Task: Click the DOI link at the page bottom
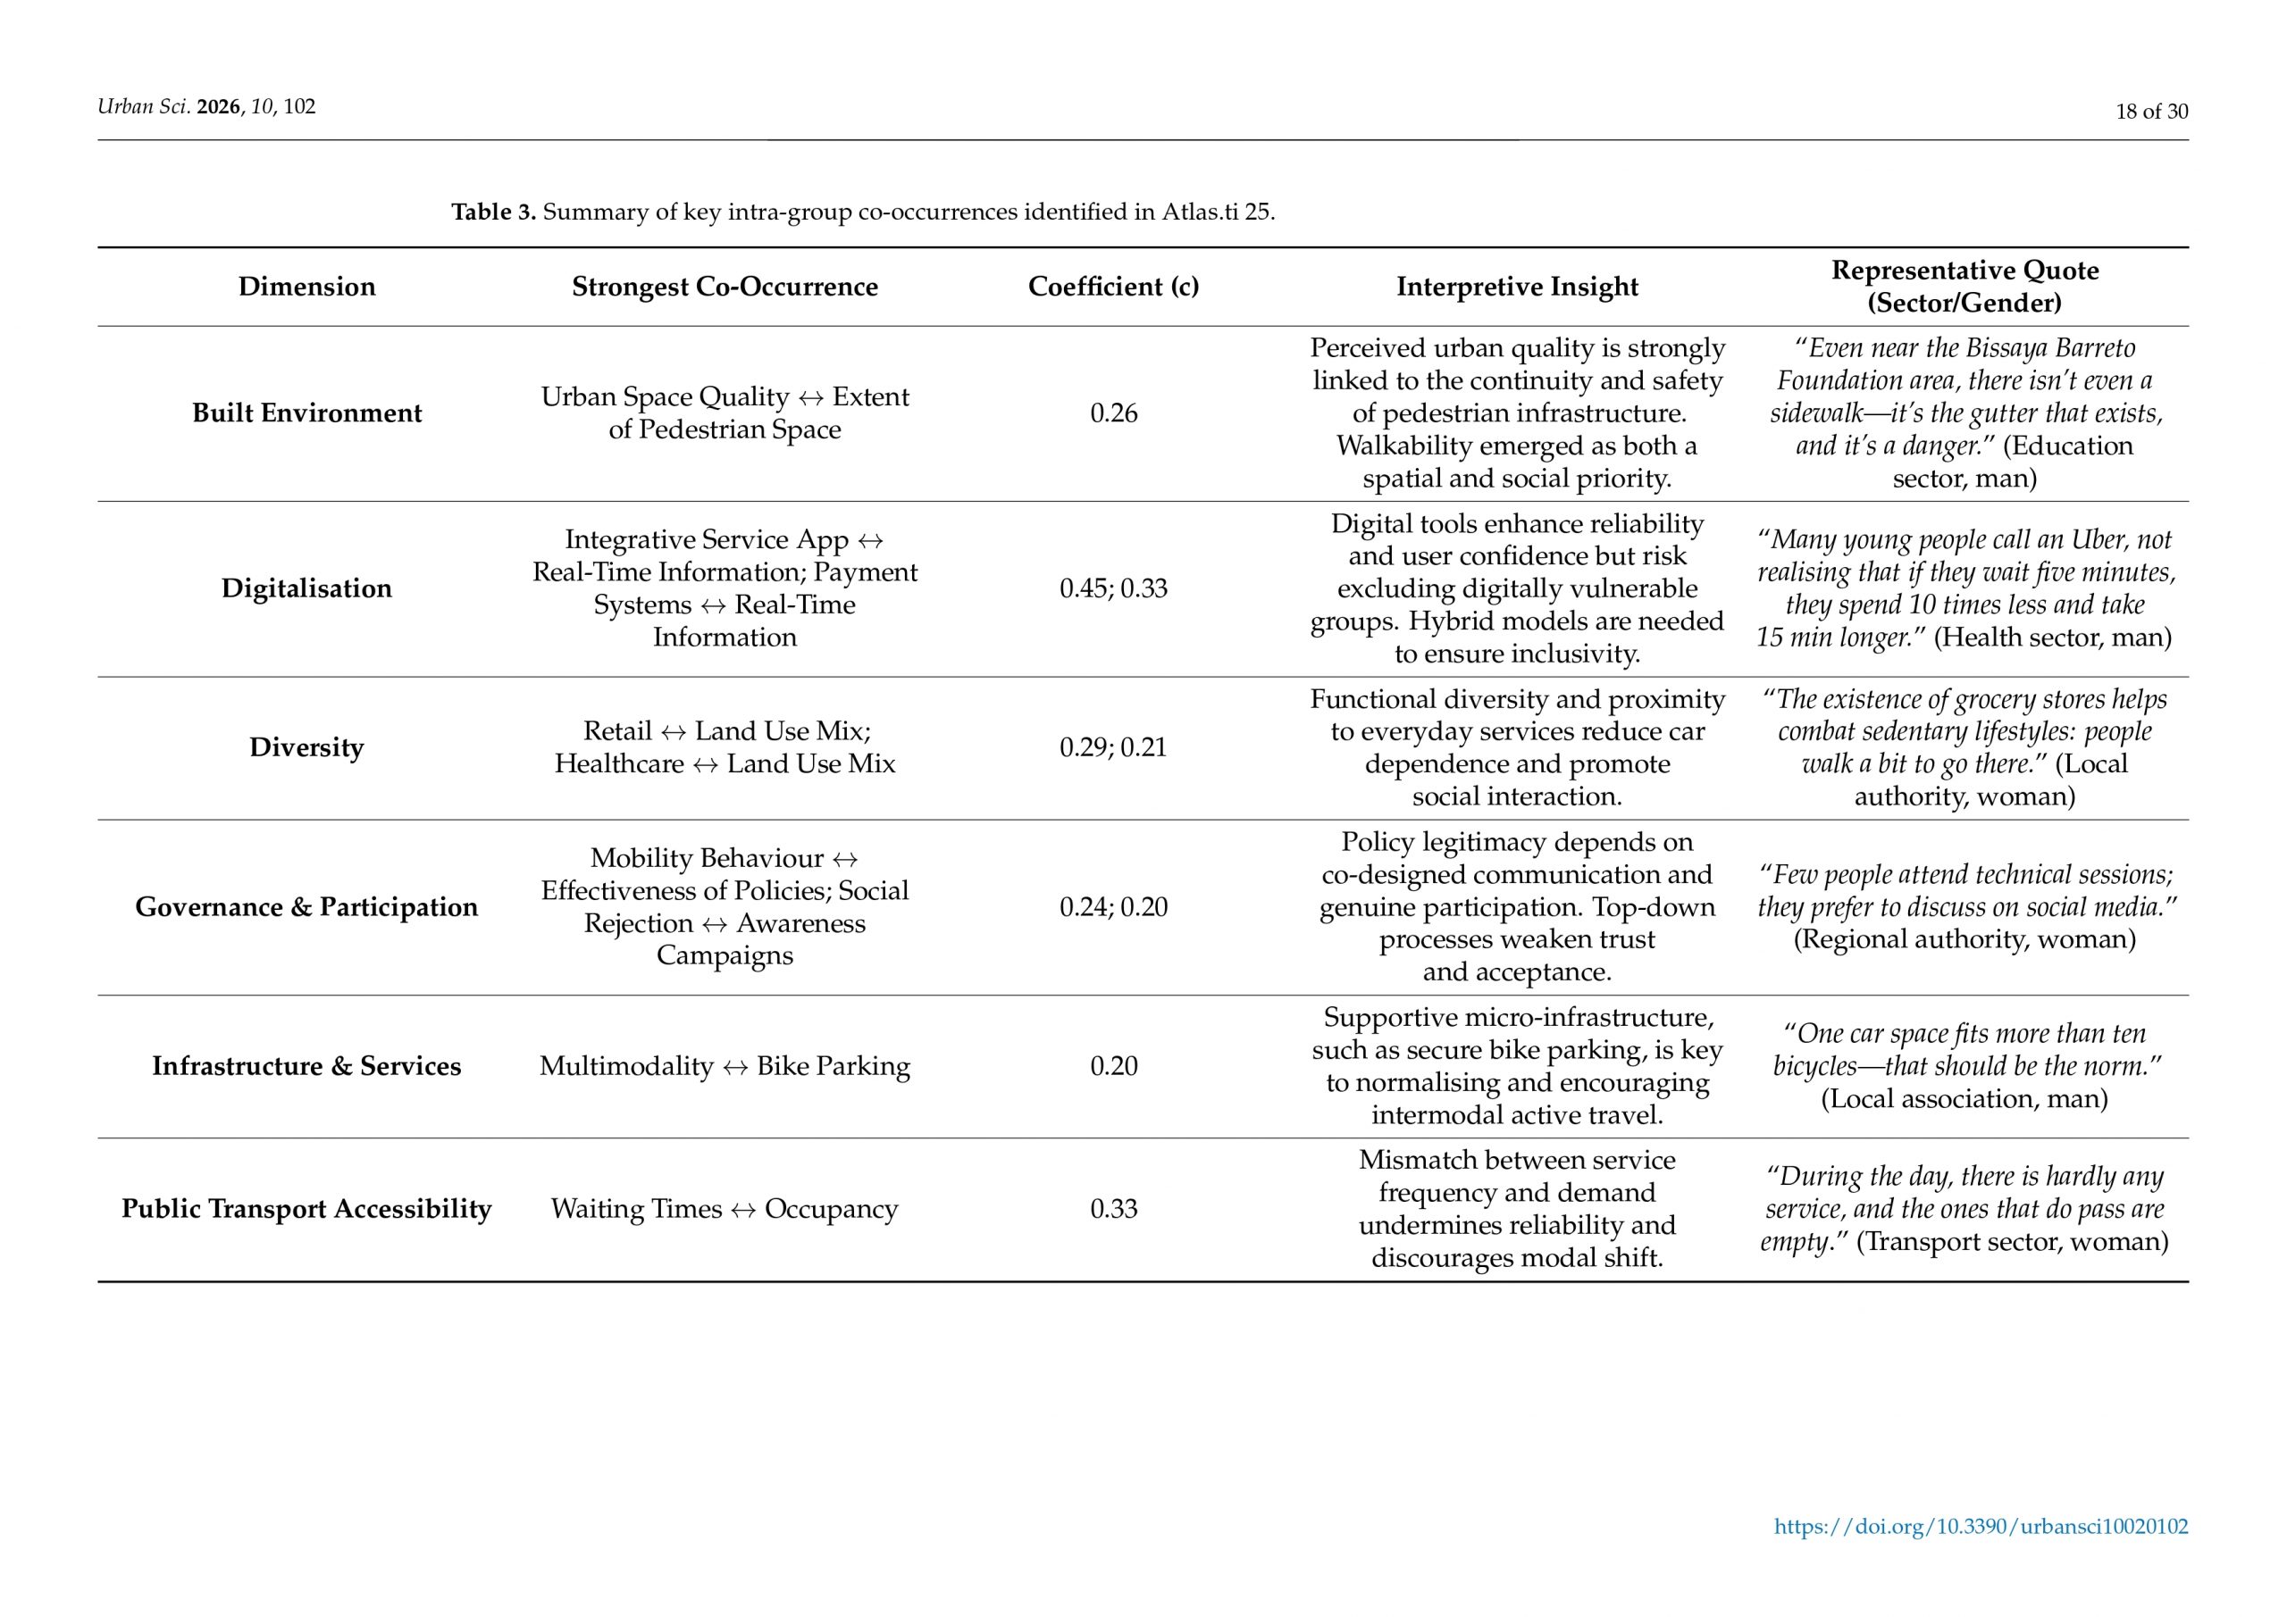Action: (1981, 1527)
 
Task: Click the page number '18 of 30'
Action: (2151, 112)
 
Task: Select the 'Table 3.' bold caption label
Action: (493, 213)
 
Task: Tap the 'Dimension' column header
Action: (306, 287)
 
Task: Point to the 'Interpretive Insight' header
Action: (1516, 287)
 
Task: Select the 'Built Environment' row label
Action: (306, 413)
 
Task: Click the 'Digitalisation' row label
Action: (306, 588)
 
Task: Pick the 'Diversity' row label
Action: (306, 747)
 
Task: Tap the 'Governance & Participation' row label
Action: (306, 907)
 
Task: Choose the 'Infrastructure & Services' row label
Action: (306, 1066)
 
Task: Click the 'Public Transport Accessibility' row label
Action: (306, 1209)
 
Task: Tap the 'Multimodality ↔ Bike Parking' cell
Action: (725, 1066)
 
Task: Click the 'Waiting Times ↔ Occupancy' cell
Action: (725, 1209)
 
